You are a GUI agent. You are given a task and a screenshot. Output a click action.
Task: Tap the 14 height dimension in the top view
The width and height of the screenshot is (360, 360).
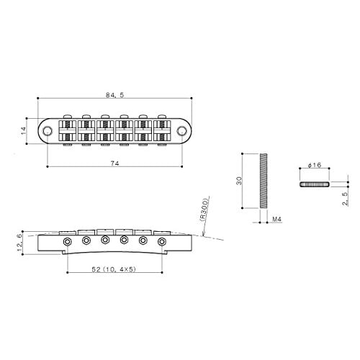tap(24, 130)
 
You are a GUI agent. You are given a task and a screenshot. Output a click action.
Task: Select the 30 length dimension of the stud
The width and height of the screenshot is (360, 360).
tap(240, 181)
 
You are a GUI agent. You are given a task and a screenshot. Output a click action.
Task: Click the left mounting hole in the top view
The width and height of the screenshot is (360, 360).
tap(48, 130)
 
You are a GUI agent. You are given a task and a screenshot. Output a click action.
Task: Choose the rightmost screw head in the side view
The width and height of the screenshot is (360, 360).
tap(161, 241)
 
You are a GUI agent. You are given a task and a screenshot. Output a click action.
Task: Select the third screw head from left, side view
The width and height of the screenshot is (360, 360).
tap(105, 239)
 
